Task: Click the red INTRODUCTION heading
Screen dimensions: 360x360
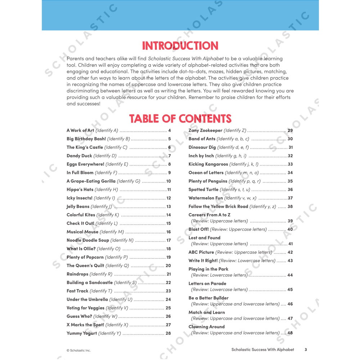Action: (180, 46)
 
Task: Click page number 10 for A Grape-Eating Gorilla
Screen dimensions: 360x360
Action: (168, 181)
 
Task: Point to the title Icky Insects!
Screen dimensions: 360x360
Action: (80, 198)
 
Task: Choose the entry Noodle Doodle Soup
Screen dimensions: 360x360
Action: (87, 240)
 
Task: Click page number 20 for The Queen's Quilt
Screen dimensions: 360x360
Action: (168, 266)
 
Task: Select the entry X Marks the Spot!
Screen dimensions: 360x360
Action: (85, 325)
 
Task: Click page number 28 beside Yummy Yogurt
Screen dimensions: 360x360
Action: (168, 333)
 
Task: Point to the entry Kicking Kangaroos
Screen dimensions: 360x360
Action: (208, 164)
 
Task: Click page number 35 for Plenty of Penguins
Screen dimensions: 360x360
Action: (290, 181)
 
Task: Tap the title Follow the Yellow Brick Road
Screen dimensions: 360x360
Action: (218, 206)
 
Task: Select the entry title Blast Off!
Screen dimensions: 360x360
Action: (198, 229)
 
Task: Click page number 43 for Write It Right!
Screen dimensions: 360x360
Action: (290, 261)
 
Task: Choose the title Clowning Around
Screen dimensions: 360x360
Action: (207, 327)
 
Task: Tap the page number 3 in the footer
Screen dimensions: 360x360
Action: (306, 350)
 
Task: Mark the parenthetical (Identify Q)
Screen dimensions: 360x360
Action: (117, 266)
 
